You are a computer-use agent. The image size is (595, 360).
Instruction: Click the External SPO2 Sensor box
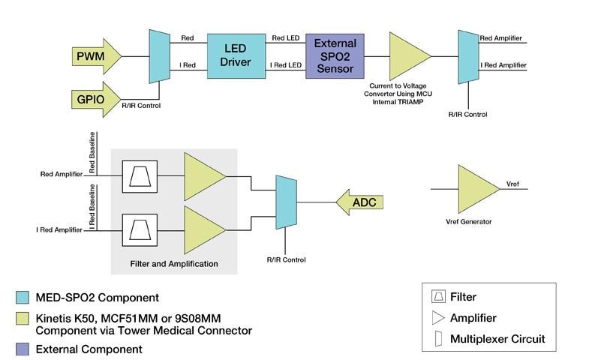point(335,55)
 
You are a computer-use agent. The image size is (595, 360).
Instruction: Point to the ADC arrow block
point(359,202)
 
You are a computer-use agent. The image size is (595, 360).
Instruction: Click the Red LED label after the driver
point(285,38)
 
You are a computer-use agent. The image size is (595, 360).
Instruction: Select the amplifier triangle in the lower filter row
point(203,228)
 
